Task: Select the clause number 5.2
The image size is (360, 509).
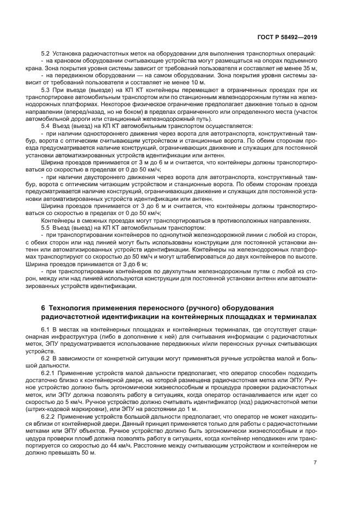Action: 46,53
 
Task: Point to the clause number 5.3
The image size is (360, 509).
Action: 46,89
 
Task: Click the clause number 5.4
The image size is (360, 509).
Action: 46,125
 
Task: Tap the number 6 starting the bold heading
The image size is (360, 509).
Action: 44,308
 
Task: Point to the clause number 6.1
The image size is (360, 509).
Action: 46,330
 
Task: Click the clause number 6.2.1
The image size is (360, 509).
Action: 47,373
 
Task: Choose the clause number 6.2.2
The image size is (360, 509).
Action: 47,415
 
